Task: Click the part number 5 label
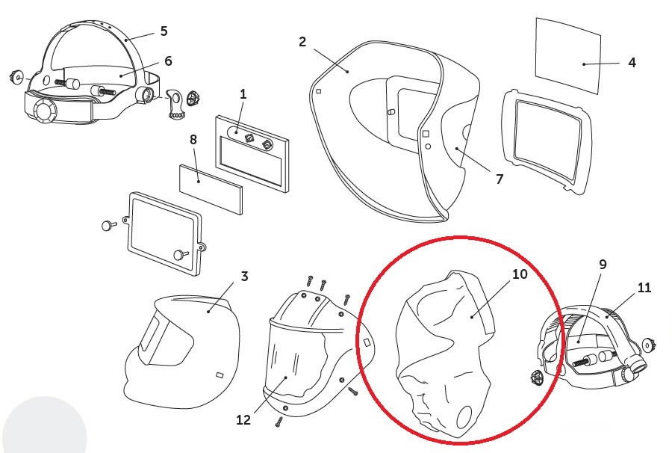click(164, 31)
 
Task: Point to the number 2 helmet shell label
click(302, 41)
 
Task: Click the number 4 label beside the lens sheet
click(632, 63)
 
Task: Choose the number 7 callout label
click(500, 178)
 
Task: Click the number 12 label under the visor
click(245, 420)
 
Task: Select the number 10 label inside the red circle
click(520, 274)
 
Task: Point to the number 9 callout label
click(603, 264)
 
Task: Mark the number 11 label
click(644, 287)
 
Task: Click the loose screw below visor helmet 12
click(278, 422)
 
